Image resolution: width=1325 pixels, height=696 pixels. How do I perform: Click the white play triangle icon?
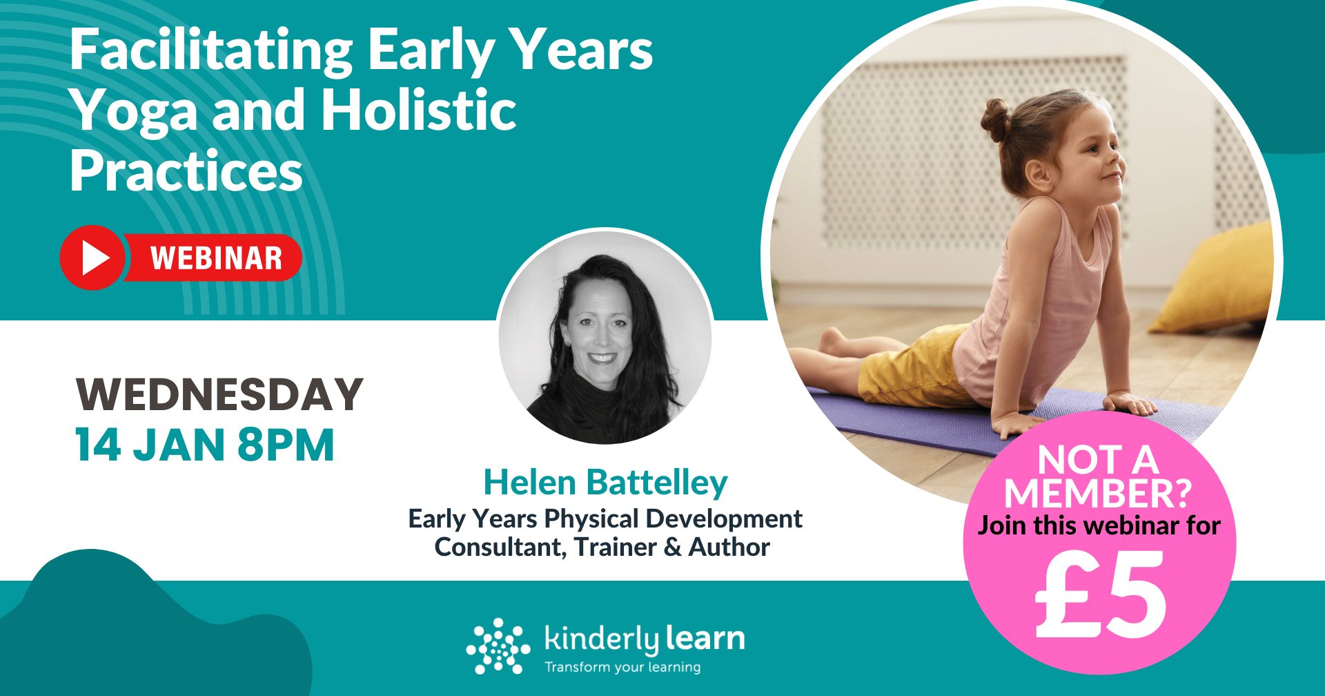click(x=95, y=258)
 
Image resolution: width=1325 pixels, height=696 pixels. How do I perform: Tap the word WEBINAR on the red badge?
click(x=216, y=258)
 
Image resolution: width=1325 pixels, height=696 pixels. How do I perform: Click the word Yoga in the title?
click(x=135, y=110)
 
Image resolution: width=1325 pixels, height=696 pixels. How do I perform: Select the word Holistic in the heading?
click(x=419, y=110)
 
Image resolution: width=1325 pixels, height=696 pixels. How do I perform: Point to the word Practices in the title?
click(x=186, y=171)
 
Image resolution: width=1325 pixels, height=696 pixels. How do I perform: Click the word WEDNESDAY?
click(x=219, y=395)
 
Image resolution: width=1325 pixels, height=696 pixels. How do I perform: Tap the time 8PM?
click(x=286, y=445)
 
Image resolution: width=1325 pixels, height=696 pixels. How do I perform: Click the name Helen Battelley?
click(x=605, y=482)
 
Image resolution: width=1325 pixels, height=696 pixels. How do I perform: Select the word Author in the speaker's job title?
click(x=729, y=547)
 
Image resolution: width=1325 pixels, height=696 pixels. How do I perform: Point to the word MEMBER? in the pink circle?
click(x=1098, y=493)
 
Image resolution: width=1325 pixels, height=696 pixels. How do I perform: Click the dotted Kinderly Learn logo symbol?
click(x=498, y=646)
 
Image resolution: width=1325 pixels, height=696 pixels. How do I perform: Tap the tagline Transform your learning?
click(x=622, y=667)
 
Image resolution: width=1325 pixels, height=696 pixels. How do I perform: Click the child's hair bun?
click(x=997, y=119)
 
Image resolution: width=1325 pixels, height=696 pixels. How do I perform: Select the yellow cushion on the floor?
click(x=1215, y=280)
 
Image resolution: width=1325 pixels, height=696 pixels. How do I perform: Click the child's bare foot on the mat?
click(x=832, y=342)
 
